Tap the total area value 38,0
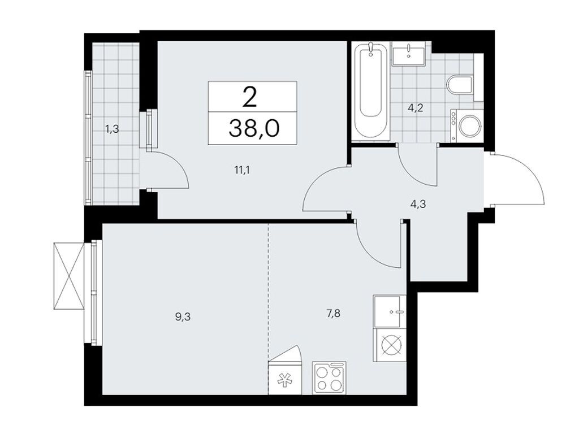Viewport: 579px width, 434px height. point(253,129)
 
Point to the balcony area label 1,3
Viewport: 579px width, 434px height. point(112,129)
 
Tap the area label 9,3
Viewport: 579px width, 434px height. point(182,318)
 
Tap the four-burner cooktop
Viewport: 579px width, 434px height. point(329,378)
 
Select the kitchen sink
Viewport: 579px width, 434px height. point(390,311)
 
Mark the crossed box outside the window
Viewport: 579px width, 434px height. point(68,276)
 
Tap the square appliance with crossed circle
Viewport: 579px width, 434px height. point(390,345)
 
